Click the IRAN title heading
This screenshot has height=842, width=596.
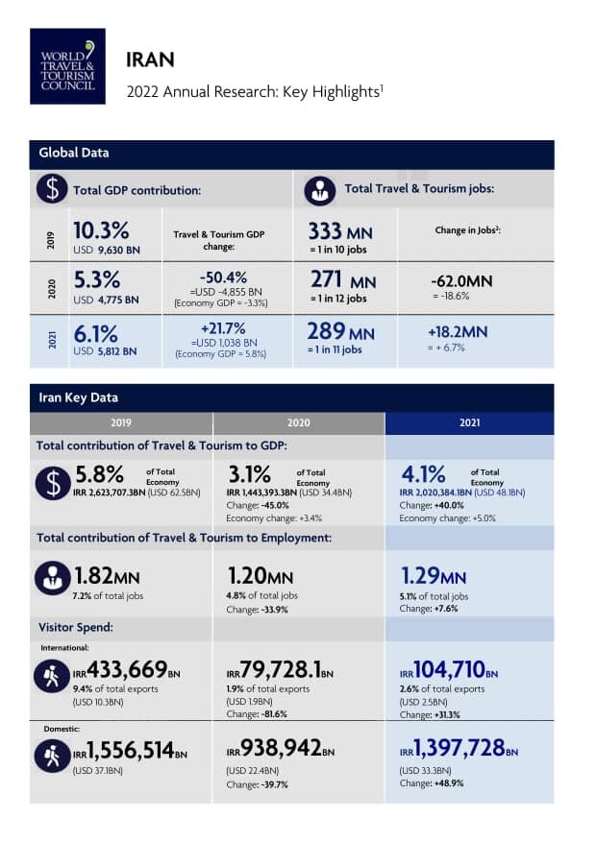pyautogui.click(x=150, y=60)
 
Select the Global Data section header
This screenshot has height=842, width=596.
pyautogui.click(x=74, y=153)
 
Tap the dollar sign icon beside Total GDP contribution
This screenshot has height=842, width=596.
pyautogui.click(x=51, y=189)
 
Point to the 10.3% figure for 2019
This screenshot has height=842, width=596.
pyautogui.click(x=101, y=230)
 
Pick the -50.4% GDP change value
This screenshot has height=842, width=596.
pyautogui.click(x=220, y=277)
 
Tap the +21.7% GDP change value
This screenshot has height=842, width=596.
pyautogui.click(x=220, y=328)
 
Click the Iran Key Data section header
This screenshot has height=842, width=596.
pyautogui.click(x=78, y=397)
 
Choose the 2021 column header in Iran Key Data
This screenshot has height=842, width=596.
pyautogui.click(x=470, y=422)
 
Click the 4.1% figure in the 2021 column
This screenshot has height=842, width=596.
pyautogui.click(x=423, y=474)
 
